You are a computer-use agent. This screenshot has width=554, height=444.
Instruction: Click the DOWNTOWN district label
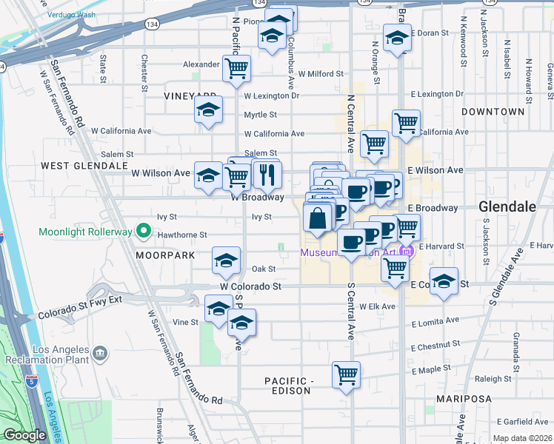[493, 112]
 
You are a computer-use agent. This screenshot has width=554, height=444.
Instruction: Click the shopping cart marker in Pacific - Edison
[346, 376]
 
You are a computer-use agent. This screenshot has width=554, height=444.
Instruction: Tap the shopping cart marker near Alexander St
[237, 69]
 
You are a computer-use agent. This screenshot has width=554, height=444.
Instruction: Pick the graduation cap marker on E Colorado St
[444, 282]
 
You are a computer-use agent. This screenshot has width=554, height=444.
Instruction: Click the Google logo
[24, 435]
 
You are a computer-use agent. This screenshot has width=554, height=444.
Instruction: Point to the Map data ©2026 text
[522, 438]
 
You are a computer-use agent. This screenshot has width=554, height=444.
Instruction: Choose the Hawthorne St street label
[181, 235]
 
